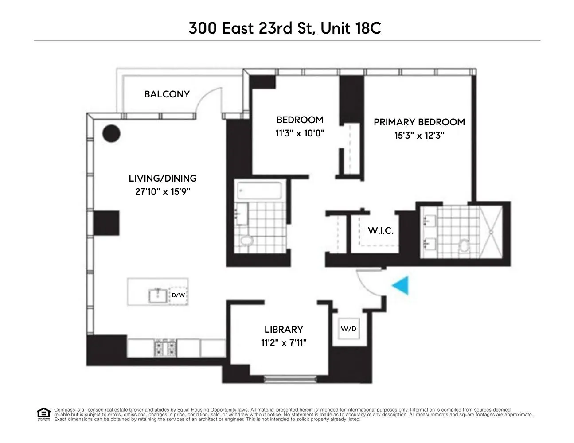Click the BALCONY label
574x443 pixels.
point(167,94)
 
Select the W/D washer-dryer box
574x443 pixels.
point(348,329)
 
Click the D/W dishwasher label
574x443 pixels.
point(178,295)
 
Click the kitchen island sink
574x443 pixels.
point(158,295)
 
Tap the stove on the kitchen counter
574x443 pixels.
point(166,348)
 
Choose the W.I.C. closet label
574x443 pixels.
point(380,231)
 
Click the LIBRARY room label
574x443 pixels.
point(284,330)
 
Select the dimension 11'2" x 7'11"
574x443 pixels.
point(284,342)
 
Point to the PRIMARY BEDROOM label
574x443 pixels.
point(419,122)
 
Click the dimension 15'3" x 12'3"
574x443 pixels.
point(419,135)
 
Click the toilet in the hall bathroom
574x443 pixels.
point(245,241)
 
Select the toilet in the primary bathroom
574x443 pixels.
point(464,244)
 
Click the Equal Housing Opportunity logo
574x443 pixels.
point(43,414)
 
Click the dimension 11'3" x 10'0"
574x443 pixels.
point(300,133)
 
